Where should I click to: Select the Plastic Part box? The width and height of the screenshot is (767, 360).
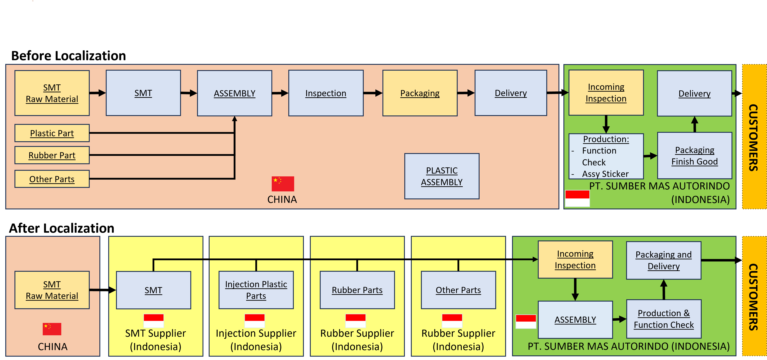point(52,133)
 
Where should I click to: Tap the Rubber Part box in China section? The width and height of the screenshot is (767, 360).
point(52,155)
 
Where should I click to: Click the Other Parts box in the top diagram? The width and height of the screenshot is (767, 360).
point(52,179)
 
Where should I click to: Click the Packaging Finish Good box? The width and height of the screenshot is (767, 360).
point(694,155)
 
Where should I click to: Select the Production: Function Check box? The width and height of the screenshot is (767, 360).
point(606,156)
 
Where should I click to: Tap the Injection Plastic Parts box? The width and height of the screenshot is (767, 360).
point(256,290)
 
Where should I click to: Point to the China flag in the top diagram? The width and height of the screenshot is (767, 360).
point(283,184)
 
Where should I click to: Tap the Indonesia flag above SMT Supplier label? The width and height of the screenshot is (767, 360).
point(154,321)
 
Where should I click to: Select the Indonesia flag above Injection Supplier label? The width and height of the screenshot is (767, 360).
point(255,321)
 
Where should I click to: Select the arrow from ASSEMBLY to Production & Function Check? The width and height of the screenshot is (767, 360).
point(620,319)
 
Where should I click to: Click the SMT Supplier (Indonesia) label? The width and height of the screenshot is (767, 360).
point(155,340)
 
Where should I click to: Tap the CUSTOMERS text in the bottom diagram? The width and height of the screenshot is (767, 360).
point(753,297)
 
